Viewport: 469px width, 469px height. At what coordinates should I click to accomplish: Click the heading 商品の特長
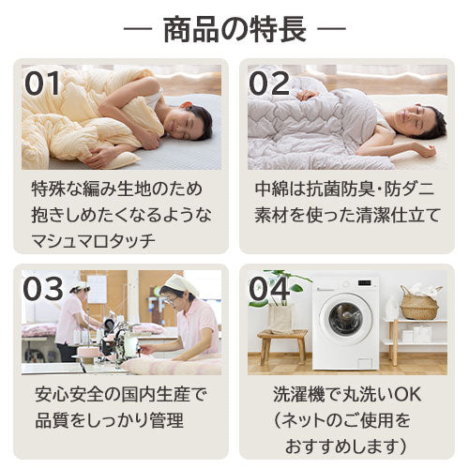pos(234,30)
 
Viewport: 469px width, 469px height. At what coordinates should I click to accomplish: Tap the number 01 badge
pos(42,83)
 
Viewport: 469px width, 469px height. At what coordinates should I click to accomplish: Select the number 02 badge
pos(269,83)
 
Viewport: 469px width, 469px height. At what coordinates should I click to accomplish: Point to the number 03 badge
pos(43,289)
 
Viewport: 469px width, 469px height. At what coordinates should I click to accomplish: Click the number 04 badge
pos(269,289)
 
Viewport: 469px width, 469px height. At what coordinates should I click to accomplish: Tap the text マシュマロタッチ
pos(94,241)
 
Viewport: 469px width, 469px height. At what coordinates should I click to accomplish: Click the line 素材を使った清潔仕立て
pos(347,215)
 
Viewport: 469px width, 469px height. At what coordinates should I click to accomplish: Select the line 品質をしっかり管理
pos(109,420)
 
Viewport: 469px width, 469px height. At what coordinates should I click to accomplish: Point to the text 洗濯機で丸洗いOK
pos(347,395)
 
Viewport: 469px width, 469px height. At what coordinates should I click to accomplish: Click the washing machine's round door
pos(346,319)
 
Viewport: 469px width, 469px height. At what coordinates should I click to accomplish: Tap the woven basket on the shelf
pos(420,302)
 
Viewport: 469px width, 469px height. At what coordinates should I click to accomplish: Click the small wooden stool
pos(282,346)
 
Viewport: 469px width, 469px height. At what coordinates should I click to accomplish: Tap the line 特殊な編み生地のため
pos(117,189)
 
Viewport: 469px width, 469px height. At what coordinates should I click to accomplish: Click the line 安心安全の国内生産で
pos(121,395)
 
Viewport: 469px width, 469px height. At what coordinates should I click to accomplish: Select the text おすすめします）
pos(346,446)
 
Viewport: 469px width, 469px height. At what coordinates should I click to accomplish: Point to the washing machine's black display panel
pos(365,283)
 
